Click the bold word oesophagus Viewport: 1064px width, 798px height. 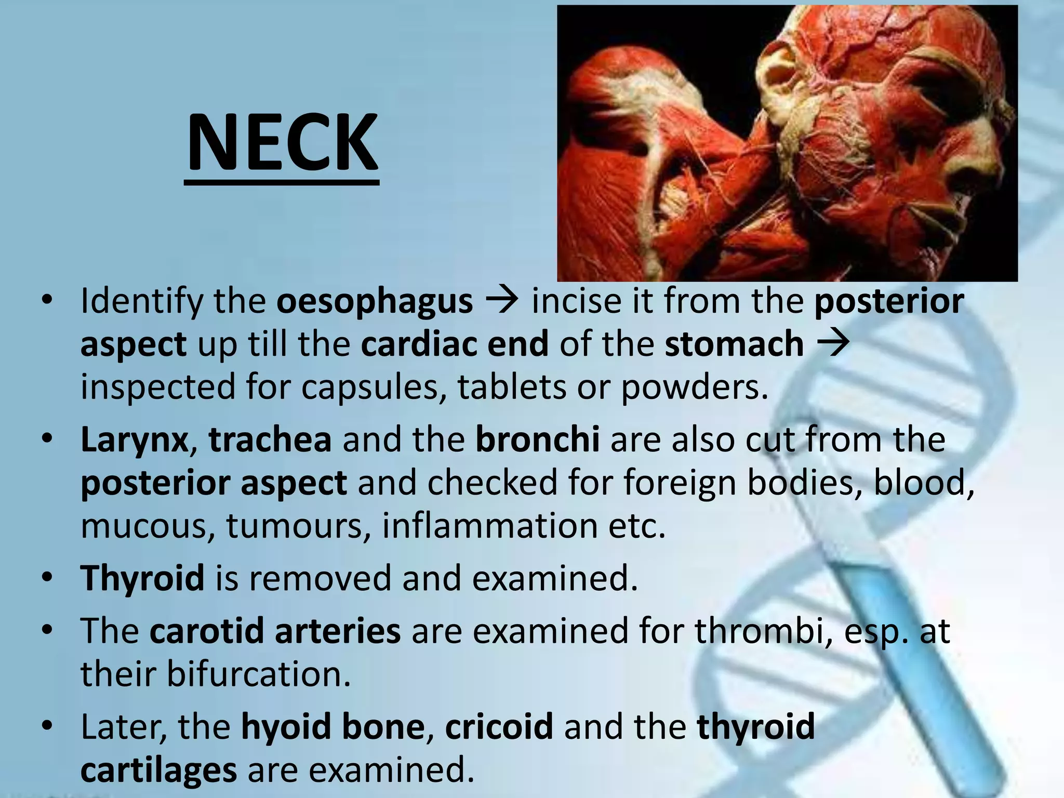(375, 301)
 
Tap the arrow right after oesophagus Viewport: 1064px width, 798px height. (502, 300)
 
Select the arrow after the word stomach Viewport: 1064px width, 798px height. (833, 343)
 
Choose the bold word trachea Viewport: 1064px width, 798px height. (270, 439)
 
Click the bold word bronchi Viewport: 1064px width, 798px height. (537, 439)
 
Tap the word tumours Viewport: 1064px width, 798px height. (298, 526)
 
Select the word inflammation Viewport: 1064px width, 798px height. (489, 525)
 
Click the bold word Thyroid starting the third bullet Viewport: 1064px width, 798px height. (142, 578)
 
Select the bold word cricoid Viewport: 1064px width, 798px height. (499, 726)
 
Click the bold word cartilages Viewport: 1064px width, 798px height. (158, 769)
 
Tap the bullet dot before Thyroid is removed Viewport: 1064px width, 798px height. (47, 577)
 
